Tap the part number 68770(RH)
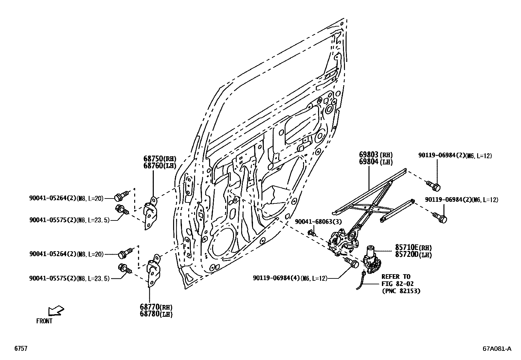point(156,307)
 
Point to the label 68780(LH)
point(156,314)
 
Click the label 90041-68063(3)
point(318,222)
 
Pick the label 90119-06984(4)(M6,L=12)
point(290,278)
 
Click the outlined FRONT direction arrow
point(56,310)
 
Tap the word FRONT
point(44,321)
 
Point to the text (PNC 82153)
point(401,291)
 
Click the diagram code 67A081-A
point(496,349)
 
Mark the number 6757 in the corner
point(20,349)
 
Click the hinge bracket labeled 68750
point(150,214)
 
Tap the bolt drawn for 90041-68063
point(311,233)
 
